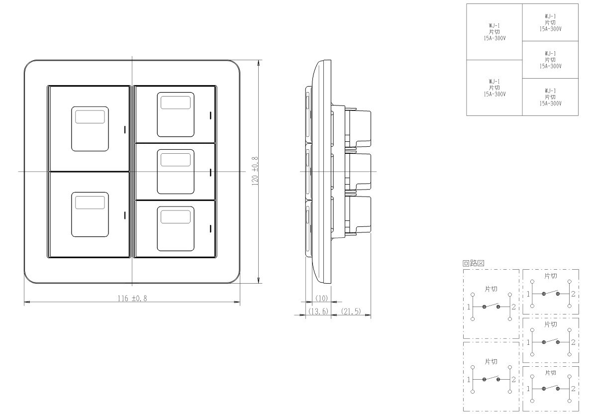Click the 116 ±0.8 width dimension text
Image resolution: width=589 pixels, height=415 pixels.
132,299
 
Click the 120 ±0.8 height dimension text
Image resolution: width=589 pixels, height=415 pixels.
255,171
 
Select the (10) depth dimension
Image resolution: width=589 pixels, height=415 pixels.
321,298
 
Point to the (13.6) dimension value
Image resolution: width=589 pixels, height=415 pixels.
318,311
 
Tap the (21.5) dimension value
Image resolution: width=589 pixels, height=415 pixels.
351,311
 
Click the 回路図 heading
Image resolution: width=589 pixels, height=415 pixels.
473,263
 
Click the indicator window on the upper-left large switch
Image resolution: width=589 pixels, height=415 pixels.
90,116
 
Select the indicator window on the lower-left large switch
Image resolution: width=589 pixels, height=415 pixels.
90,202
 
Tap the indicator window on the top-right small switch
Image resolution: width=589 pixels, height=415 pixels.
176,102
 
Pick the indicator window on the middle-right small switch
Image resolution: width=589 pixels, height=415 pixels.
176,160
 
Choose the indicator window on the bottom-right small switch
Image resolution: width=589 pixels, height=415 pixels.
176,216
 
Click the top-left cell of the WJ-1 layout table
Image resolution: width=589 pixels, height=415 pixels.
494,32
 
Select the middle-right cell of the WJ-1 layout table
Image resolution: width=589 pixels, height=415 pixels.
550,60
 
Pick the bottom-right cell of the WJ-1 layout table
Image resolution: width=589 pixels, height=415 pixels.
550,97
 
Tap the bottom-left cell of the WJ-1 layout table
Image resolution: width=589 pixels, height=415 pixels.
494,88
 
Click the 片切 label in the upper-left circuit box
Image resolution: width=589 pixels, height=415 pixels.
491,289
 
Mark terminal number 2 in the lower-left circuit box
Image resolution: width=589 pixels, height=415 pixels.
513,380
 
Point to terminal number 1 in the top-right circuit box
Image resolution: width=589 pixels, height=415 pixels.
528,294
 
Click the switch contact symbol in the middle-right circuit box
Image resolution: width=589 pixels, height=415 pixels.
550,341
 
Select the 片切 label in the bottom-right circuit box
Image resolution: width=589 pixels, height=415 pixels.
550,373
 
